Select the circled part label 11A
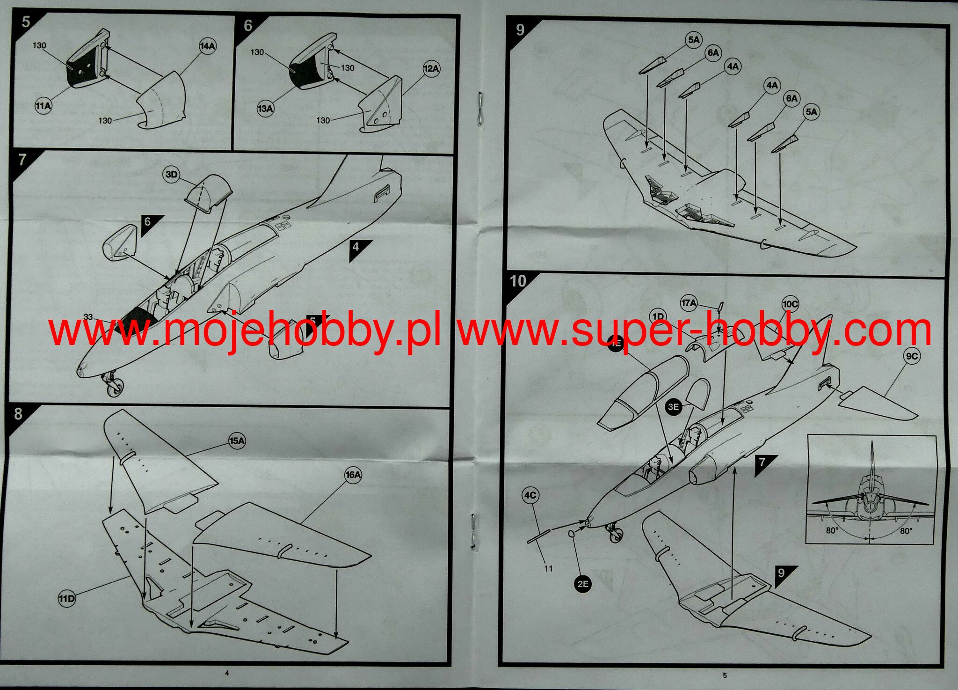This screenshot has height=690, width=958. tap(44, 106)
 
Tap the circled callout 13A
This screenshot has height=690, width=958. tap(265, 109)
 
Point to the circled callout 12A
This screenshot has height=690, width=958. tap(431, 68)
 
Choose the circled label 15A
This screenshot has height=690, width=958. tap(237, 440)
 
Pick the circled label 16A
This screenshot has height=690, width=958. tap(353, 475)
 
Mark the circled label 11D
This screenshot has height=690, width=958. tap(66, 598)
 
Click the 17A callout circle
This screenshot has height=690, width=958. tap(689, 304)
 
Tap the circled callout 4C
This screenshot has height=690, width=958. tap(530, 496)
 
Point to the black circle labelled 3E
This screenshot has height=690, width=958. tap(673, 407)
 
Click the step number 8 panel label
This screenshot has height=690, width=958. tap(18, 414)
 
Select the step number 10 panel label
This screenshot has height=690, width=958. tap(518, 281)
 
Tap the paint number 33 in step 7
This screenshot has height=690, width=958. tap(88, 317)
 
